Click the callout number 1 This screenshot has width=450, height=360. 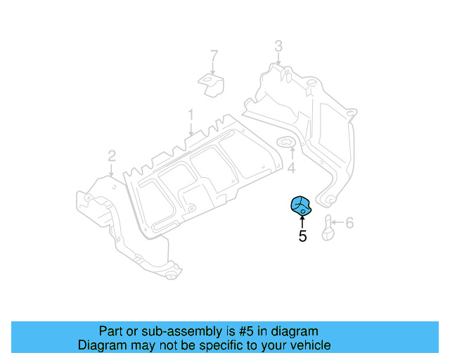[x=190, y=114]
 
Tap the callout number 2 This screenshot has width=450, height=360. [x=111, y=155]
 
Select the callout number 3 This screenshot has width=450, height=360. [x=278, y=46]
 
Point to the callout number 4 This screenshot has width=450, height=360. [x=290, y=169]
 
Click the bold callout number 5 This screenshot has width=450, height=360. [x=302, y=236]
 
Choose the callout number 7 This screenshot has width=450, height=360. [x=214, y=55]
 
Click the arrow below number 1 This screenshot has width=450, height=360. [x=190, y=128]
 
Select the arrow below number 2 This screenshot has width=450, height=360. [x=111, y=169]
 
